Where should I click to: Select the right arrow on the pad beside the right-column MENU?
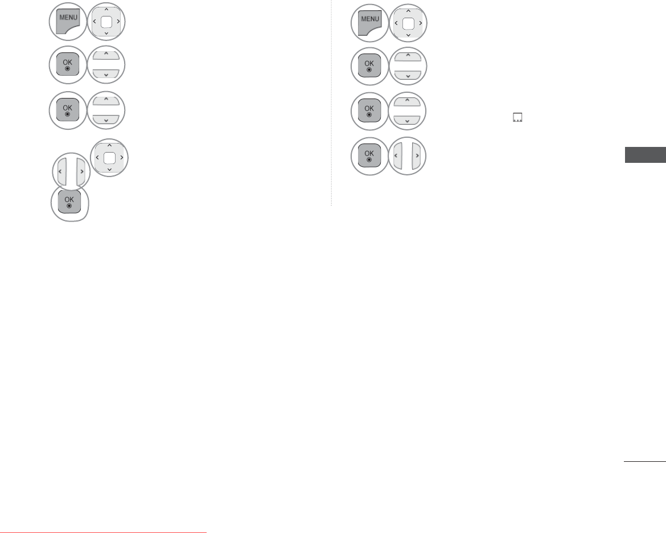point(420,24)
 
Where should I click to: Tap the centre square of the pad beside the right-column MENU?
point(408,24)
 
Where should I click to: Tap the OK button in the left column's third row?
point(68,109)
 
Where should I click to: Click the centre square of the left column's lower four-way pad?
point(110,157)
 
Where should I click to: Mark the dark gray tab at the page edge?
point(645,155)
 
